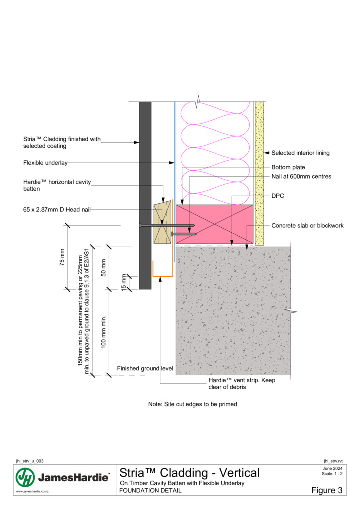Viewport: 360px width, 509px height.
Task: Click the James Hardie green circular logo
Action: (25, 477)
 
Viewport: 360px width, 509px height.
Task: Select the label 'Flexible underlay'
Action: (45, 163)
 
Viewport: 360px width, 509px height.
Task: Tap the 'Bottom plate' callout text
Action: (288, 167)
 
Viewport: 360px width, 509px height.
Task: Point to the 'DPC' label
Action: (278, 196)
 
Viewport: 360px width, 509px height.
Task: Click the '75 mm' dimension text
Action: (62, 257)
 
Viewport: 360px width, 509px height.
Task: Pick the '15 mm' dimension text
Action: (124, 283)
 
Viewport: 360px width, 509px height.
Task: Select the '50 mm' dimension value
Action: (104, 268)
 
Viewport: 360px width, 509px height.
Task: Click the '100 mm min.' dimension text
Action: (104, 332)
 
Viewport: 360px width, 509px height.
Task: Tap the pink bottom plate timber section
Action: (214, 224)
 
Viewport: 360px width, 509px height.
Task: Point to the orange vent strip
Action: (163, 276)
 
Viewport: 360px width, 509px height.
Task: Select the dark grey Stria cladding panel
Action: (145, 196)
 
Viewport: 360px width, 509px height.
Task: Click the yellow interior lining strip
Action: (259, 173)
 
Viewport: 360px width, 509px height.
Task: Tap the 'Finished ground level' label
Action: (145, 368)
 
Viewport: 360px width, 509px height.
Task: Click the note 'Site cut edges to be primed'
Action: (193, 404)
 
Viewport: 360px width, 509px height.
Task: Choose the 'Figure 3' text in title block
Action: (327, 490)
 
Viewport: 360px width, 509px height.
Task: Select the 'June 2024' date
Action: (332, 468)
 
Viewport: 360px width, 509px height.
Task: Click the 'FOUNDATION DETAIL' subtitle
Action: (150, 490)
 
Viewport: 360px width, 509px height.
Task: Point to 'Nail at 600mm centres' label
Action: (301, 177)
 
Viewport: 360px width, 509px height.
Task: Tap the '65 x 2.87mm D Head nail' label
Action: (57, 210)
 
